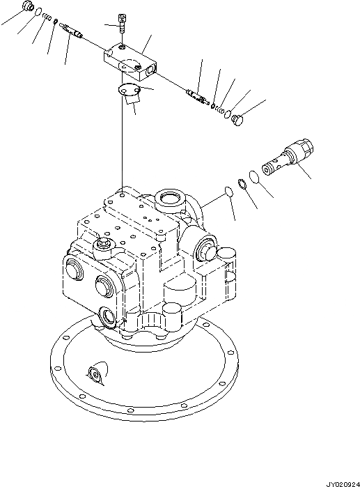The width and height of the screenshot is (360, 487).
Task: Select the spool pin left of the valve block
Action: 72,29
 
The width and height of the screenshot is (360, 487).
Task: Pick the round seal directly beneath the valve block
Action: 128,88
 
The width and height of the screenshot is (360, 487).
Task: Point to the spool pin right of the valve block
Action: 198,96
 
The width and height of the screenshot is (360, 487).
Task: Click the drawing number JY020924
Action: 339,481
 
